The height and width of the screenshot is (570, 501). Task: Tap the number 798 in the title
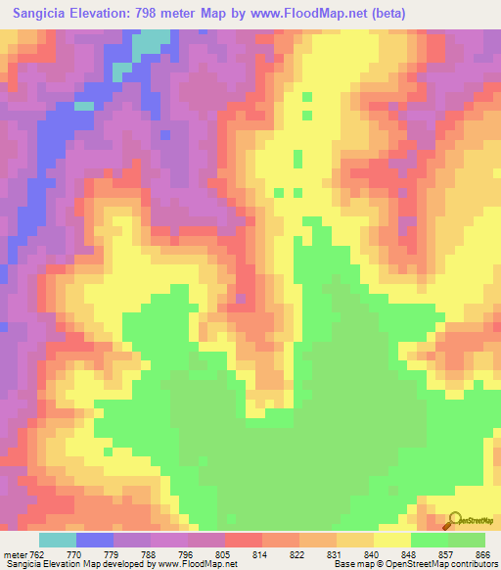click(158, 14)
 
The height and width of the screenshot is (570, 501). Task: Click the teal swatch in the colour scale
click(58, 540)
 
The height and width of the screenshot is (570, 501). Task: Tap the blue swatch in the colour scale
click(95, 540)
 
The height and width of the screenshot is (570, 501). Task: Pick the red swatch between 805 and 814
click(244, 540)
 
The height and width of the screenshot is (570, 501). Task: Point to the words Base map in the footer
click(349, 564)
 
